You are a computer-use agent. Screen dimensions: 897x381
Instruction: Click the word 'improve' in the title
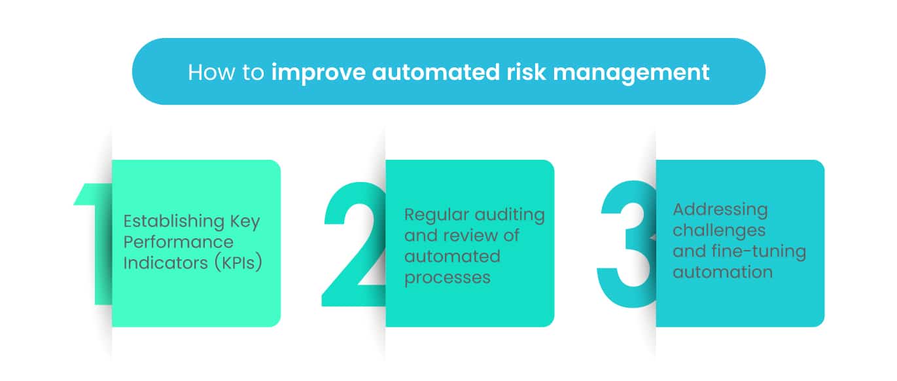[319, 73]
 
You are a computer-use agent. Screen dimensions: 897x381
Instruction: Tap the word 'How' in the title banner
[212, 73]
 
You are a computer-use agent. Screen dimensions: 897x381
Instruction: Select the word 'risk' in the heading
[526, 72]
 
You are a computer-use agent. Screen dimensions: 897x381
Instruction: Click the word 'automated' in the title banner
[436, 73]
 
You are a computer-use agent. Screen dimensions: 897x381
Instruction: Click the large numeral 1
[93, 244]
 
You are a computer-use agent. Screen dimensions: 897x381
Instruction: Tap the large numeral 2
[354, 244]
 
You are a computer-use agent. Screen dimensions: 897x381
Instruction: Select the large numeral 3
[627, 244]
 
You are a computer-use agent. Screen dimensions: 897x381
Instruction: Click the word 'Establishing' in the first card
[174, 221]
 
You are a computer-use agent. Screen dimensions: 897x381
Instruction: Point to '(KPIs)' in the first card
[238, 263]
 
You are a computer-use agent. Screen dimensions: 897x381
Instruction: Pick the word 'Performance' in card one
[178, 242]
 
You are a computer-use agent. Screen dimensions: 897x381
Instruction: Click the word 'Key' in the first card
[245, 222]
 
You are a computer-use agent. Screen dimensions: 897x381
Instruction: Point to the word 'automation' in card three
[723, 272]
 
